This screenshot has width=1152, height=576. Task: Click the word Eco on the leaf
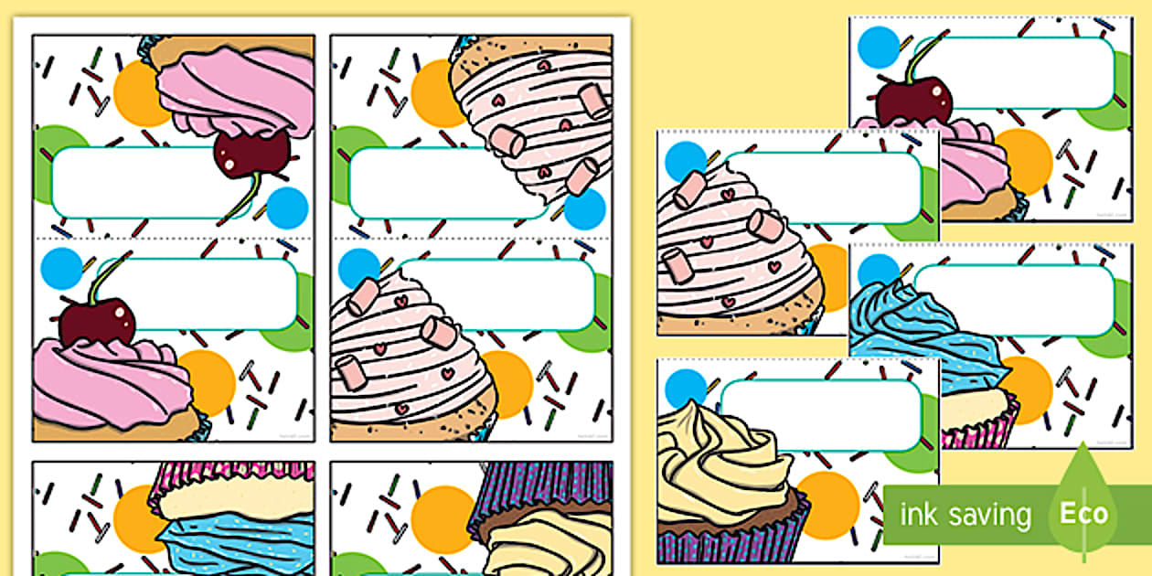pyautogui.click(x=1083, y=513)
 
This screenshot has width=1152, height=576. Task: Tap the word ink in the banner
pyautogui.click(x=918, y=513)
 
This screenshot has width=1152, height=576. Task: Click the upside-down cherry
pyautogui.click(x=252, y=154)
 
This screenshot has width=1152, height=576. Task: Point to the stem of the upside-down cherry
pyautogui.click(x=241, y=198)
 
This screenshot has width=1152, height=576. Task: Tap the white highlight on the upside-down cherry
pyautogui.click(x=229, y=164)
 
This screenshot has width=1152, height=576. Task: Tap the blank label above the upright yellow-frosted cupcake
pyautogui.click(x=821, y=415)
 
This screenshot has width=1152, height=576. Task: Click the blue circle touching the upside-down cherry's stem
pyautogui.click(x=287, y=208)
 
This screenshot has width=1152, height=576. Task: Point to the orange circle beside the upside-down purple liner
pyautogui.click(x=443, y=519)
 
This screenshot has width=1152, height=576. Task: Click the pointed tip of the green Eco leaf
pyautogui.click(x=1083, y=443)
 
